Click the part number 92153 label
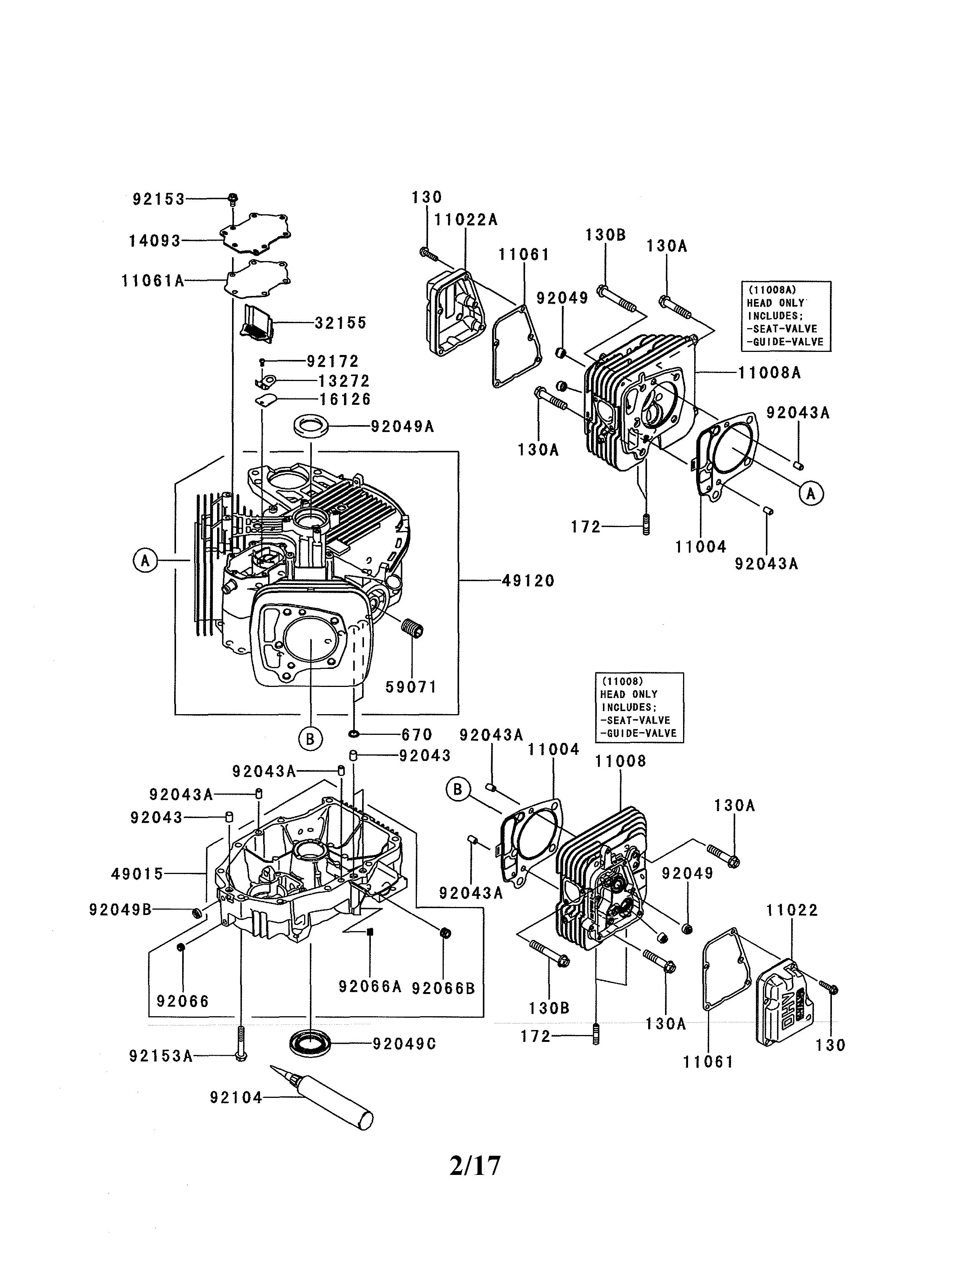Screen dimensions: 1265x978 [158, 199]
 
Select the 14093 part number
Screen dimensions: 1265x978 [155, 241]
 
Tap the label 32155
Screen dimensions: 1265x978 [341, 323]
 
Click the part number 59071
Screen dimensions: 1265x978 [411, 687]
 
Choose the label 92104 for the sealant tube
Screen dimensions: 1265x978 [236, 1097]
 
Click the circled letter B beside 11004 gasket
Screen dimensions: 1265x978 [458, 789]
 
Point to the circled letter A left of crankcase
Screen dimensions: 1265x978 [145, 561]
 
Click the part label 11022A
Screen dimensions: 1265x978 [466, 220]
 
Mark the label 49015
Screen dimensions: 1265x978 [137, 874]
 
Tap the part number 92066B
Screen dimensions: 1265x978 [443, 988]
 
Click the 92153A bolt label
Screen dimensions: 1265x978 [160, 1056]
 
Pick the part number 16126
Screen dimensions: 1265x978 [345, 400]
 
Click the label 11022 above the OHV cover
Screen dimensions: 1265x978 [792, 910]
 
